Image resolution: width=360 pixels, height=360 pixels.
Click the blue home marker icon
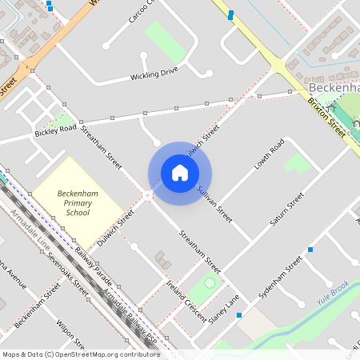(180, 173)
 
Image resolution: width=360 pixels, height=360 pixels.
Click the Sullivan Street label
(214, 203)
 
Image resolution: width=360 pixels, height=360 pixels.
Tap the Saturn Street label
(287, 208)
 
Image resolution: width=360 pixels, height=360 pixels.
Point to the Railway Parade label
(95, 267)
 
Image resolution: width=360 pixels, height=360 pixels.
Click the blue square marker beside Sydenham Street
(310, 250)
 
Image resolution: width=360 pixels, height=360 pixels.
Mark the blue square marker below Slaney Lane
(238, 315)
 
